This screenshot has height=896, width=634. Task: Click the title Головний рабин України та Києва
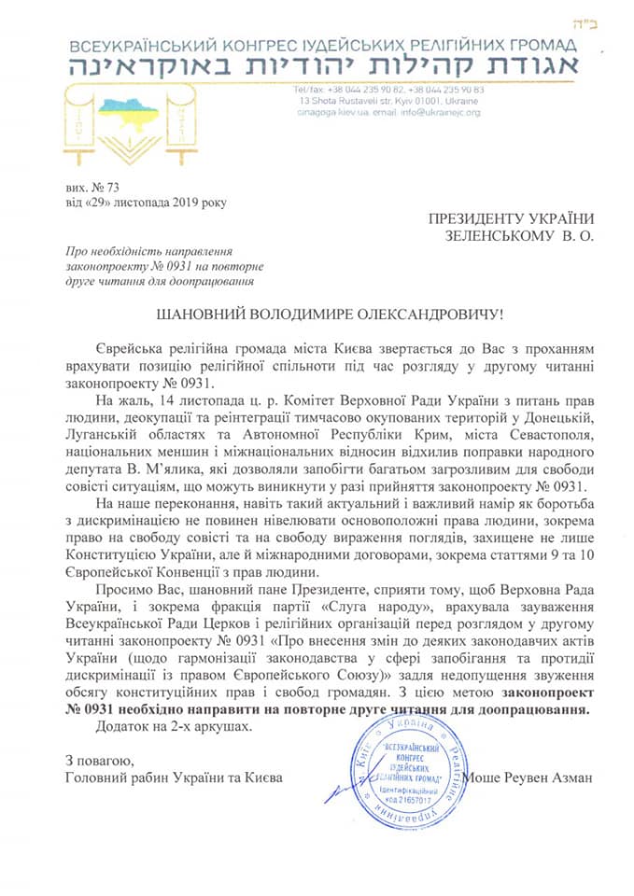(173, 777)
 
